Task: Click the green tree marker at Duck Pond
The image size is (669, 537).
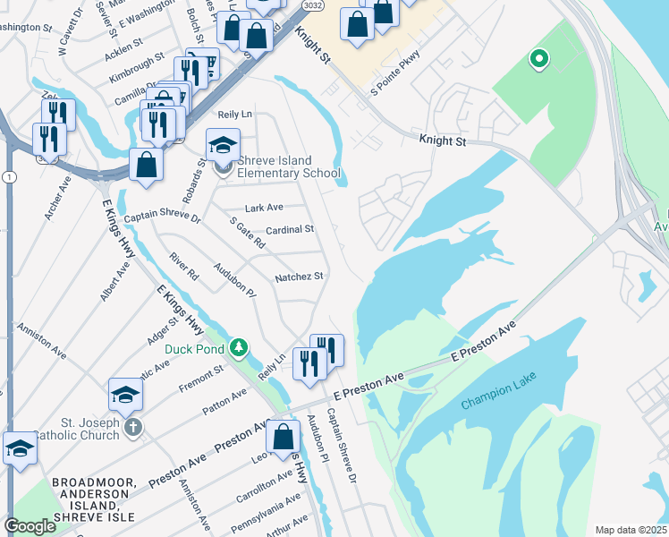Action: coord(238,346)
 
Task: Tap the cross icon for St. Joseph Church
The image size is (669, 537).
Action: coord(132,426)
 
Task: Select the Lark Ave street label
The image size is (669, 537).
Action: coord(264,208)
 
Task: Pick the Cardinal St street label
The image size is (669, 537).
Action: coord(290,229)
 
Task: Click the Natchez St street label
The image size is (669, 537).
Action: coord(299,277)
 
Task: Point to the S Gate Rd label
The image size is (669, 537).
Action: coord(248,233)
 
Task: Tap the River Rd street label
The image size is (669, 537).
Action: coord(184,266)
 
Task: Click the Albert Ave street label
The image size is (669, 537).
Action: coord(115,277)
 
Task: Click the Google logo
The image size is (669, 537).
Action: coord(30,526)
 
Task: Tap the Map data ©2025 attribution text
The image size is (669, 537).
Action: coord(631,530)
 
